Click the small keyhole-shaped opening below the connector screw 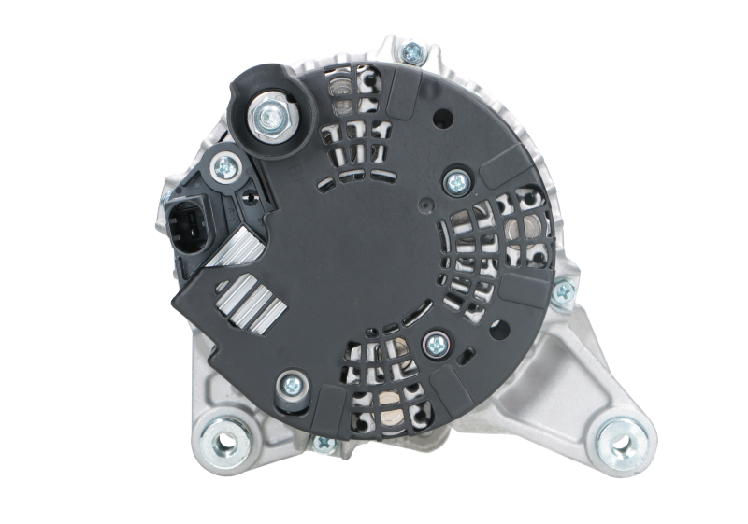coord(248,196)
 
